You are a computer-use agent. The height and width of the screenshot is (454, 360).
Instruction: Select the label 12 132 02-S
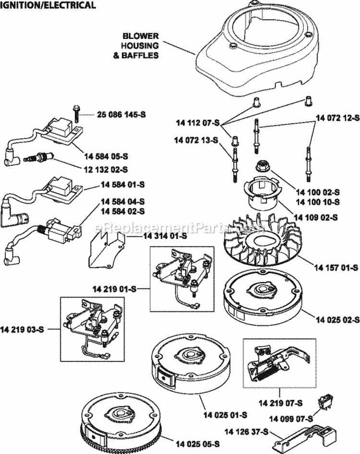click(105, 169)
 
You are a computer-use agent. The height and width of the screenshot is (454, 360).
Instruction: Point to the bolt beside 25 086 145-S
click(76, 112)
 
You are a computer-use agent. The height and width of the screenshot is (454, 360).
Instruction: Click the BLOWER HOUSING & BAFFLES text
click(140, 45)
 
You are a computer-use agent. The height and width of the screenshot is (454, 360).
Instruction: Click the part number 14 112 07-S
click(197, 123)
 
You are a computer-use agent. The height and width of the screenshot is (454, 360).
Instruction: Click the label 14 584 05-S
click(105, 156)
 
